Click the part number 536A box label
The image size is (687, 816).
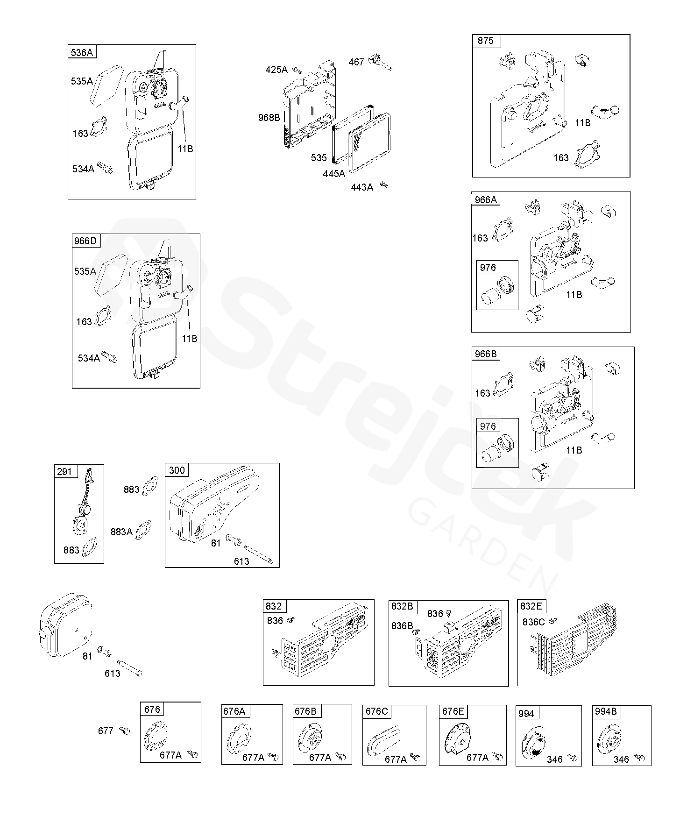[82, 52]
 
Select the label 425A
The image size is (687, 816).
[276, 70]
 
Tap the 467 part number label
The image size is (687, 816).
[356, 62]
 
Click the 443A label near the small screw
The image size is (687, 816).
[362, 187]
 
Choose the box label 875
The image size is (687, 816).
[486, 41]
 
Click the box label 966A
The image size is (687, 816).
[486, 200]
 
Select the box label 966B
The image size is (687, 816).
[486, 354]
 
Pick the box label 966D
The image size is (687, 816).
[85, 241]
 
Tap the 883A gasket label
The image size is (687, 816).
[121, 532]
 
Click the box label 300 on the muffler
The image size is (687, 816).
[177, 470]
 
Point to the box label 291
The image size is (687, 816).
[64, 471]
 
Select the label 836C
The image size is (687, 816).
[534, 622]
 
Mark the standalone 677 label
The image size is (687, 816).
[106, 731]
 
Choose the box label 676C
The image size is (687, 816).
[377, 711]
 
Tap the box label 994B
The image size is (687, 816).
[606, 712]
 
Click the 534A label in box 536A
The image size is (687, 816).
[83, 169]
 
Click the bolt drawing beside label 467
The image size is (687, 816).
[381, 63]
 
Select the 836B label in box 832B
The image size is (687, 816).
[403, 626]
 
